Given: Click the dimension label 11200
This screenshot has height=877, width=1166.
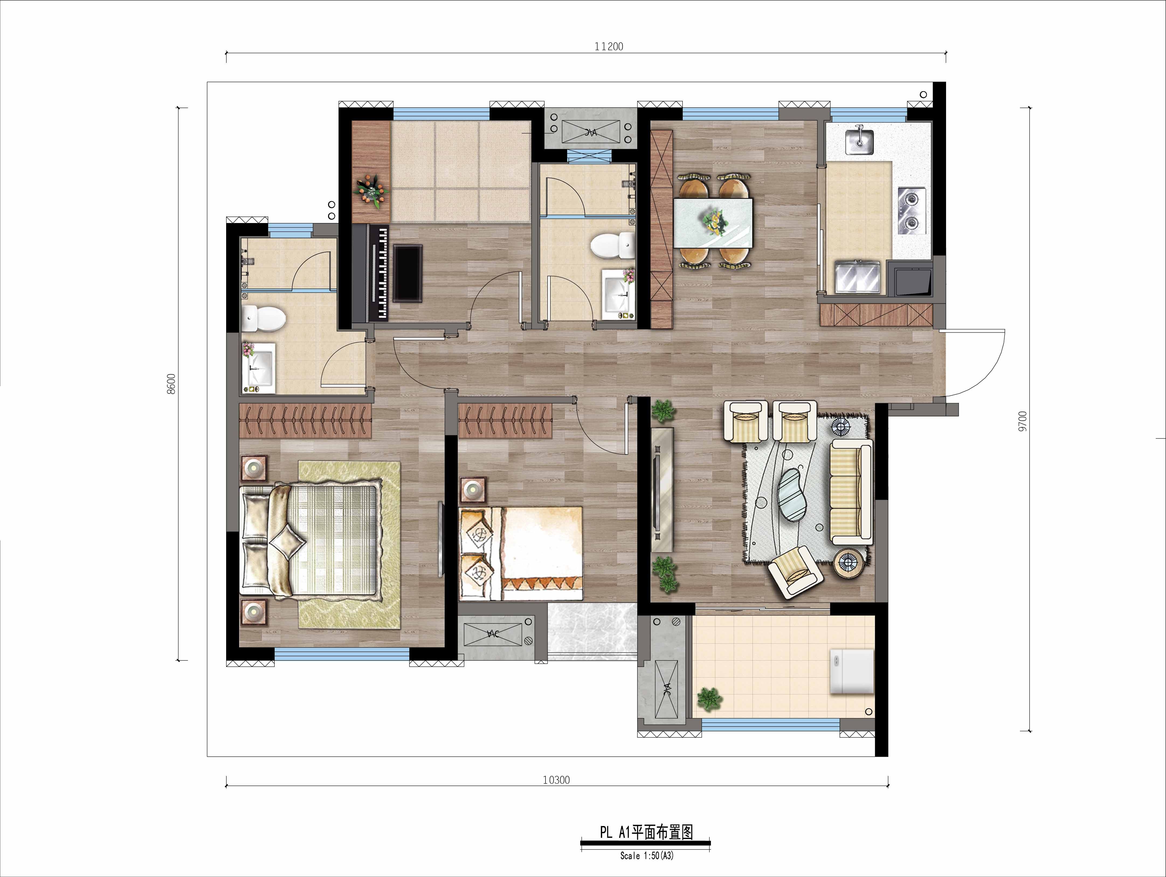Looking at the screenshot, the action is tap(609, 46).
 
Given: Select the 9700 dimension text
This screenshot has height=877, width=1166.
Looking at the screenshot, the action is tap(1023, 421).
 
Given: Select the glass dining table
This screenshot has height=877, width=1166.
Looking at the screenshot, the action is tap(713, 222).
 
